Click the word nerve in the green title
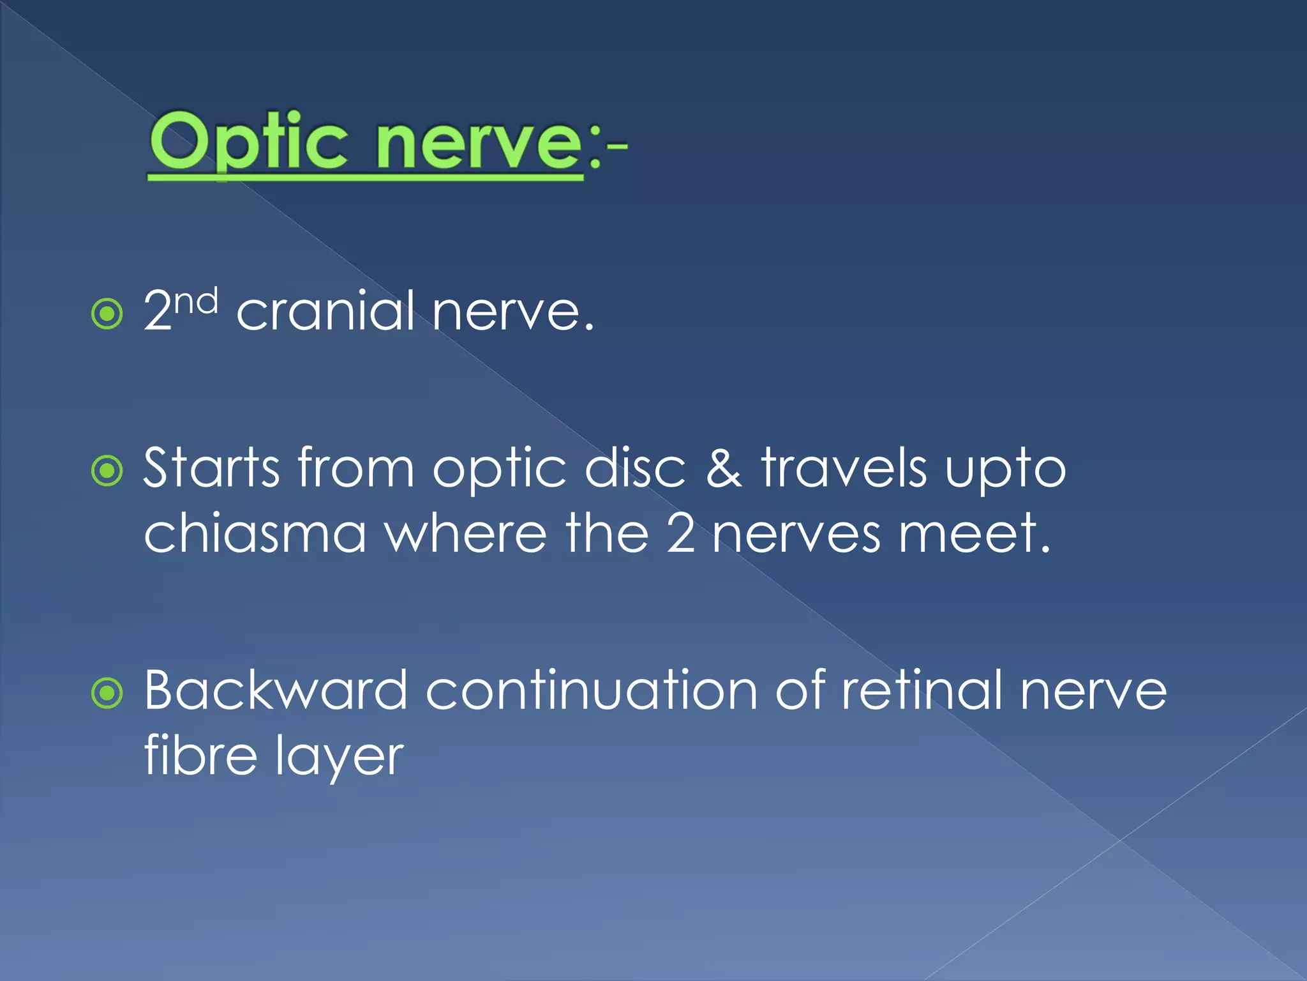pos(479,144)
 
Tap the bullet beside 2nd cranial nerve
pos(107,314)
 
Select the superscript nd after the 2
pos(197,301)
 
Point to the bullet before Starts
pos(107,471)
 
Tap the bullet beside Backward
pos(107,694)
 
